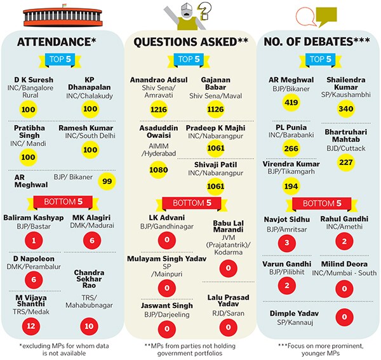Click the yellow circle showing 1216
(x=159, y=110)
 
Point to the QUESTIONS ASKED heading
(x=190, y=42)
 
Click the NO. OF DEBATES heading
(x=316, y=42)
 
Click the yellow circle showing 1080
(x=157, y=170)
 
